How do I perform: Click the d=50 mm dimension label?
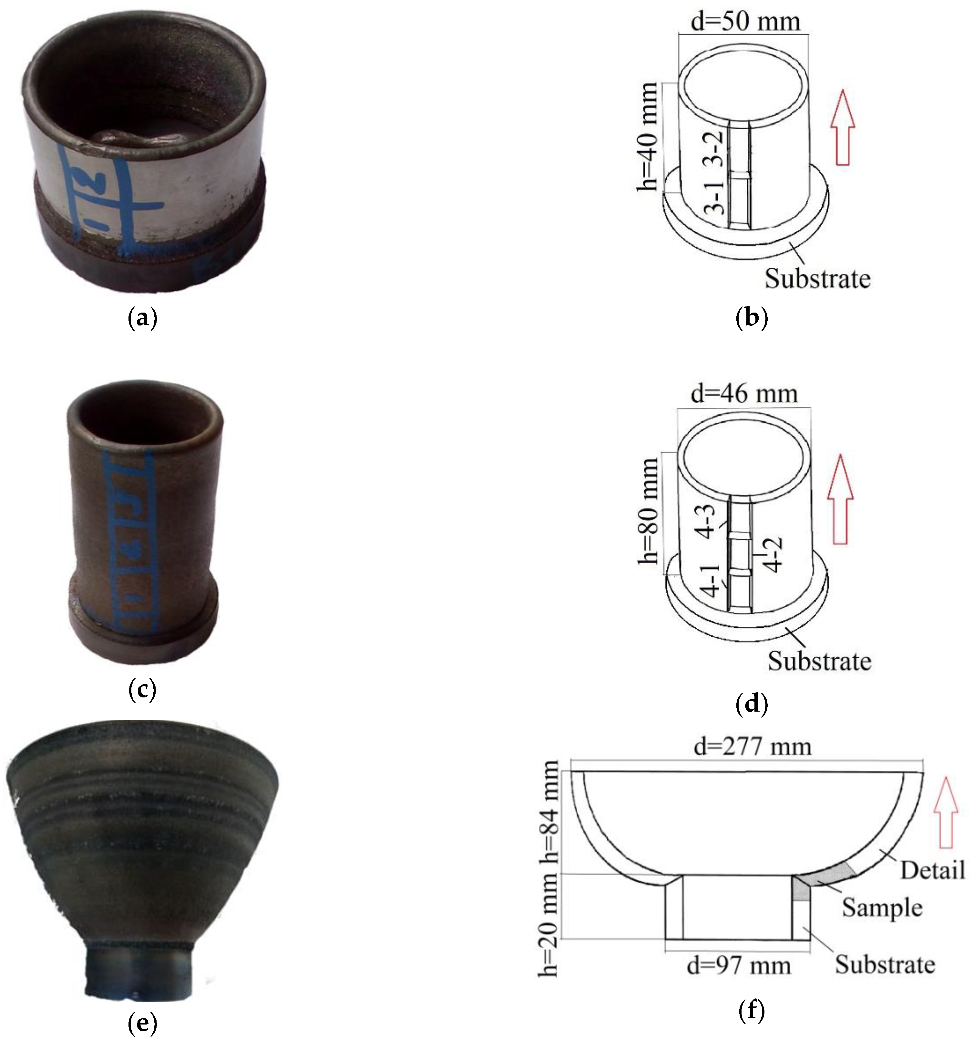click(745, 22)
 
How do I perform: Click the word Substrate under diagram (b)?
click(817, 278)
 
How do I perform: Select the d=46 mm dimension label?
click(744, 394)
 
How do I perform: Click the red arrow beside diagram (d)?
click(840, 500)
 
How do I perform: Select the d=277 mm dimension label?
click(752, 747)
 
